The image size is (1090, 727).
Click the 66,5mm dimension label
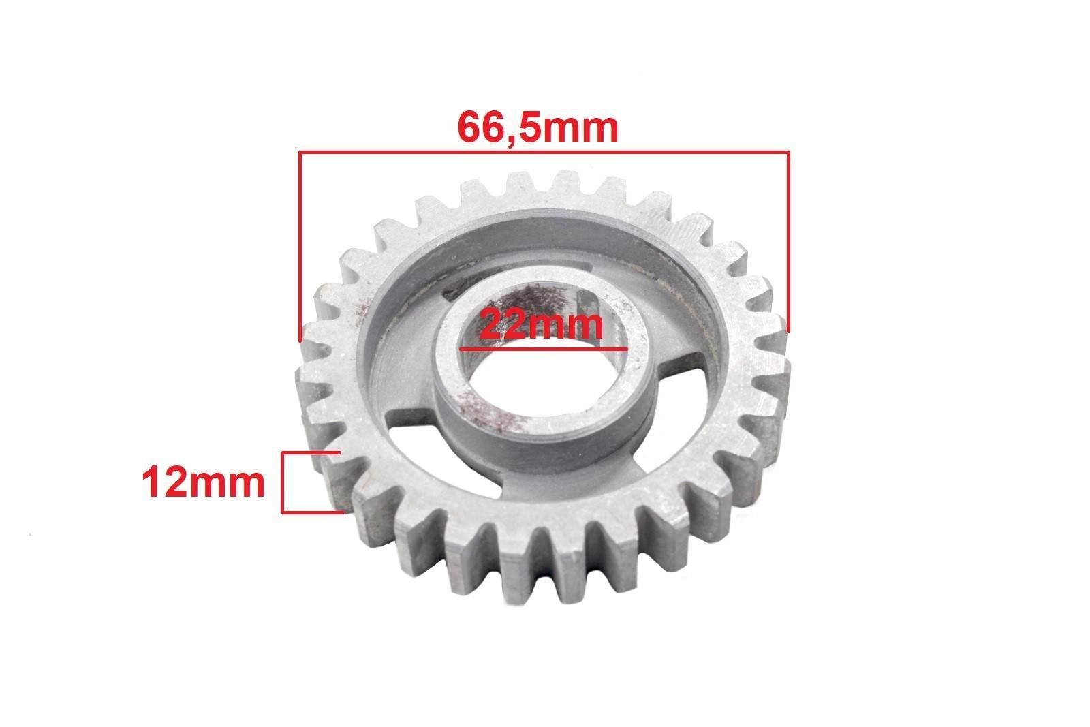pyautogui.click(x=538, y=127)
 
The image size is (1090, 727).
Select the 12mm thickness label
pyautogui.click(x=204, y=482)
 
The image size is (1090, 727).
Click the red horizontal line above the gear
pyautogui.click(x=544, y=153)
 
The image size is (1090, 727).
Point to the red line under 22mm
pyautogui.click(x=544, y=349)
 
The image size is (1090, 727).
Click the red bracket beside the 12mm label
pyautogui.click(x=283, y=482)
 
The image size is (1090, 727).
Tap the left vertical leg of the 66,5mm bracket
pyautogui.click(x=300, y=246)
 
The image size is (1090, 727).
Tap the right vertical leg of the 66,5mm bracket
pyautogui.click(x=788, y=242)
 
